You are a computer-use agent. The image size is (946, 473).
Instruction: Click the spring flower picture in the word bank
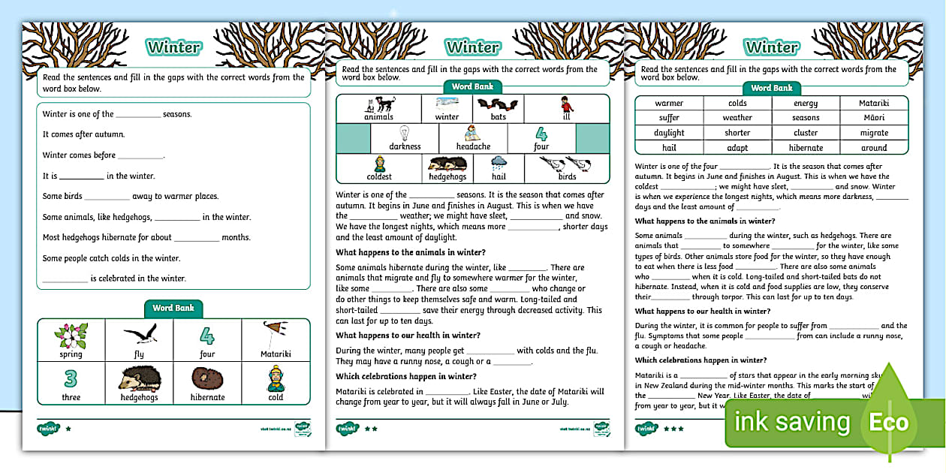click(x=71, y=336)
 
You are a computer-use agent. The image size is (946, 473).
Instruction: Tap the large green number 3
click(x=71, y=378)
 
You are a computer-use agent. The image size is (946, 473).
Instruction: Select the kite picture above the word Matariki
click(x=275, y=334)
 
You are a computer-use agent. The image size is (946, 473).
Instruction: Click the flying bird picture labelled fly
click(x=139, y=335)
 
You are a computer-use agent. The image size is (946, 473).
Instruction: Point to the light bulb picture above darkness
click(x=405, y=134)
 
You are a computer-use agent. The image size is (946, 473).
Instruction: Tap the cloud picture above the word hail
click(x=499, y=163)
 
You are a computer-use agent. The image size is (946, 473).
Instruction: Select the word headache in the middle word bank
click(x=473, y=146)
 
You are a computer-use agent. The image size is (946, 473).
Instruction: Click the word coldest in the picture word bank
click(x=379, y=177)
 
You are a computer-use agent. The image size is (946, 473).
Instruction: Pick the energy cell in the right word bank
click(x=806, y=104)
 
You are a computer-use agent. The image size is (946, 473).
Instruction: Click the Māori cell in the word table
click(x=874, y=118)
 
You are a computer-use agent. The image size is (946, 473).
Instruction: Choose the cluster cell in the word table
click(x=806, y=133)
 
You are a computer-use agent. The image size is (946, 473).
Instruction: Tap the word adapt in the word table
click(x=737, y=148)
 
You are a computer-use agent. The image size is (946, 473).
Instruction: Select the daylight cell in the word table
click(x=669, y=133)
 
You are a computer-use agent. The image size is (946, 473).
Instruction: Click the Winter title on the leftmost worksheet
click(x=173, y=47)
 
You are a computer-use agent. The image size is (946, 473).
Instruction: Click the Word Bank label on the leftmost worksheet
click(x=173, y=308)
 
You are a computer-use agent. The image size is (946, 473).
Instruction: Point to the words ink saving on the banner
click(x=792, y=422)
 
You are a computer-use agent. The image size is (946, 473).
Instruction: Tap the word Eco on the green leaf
click(x=889, y=422)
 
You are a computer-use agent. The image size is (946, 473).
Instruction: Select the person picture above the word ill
click(x=567, y=104)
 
